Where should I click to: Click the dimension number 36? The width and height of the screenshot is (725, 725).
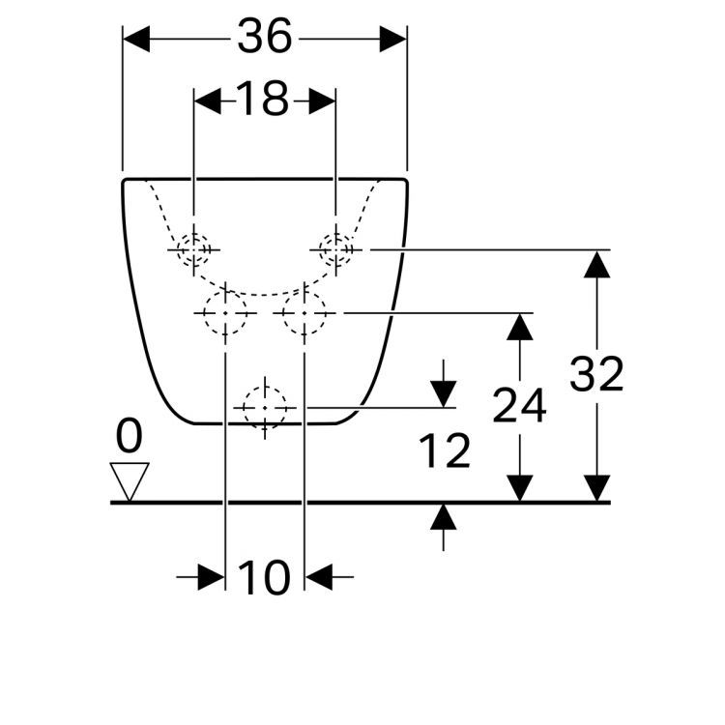point(265,36)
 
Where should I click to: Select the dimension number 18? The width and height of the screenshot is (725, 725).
point(262,99)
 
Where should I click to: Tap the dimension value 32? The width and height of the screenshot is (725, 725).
point(596,373)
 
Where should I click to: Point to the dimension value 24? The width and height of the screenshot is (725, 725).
point(519,405)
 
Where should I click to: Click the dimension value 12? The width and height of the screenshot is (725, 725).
point(445,450)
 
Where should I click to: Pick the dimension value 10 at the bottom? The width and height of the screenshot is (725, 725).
point(264,577)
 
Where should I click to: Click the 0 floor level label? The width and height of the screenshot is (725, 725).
point(129,436)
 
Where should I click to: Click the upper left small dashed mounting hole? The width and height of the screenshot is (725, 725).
point(193,249)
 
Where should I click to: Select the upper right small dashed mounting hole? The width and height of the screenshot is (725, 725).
point(336,249)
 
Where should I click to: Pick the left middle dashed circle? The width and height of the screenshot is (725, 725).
point(225,313)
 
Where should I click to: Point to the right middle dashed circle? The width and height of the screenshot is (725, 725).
point(304,313)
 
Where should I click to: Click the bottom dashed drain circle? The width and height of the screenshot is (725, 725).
point(265,408)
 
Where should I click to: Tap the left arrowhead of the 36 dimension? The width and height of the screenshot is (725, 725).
point(136,39)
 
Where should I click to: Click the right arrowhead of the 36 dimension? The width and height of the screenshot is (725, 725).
point(393,39)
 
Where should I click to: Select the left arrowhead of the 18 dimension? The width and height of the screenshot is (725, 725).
point(208,101)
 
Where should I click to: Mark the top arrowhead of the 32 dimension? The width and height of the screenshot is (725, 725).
point(596,264)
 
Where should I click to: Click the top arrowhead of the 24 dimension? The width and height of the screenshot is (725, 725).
point(520,327)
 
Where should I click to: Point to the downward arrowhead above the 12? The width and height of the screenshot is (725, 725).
point(444,394)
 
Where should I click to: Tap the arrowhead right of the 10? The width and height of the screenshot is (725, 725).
point(319,577)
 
